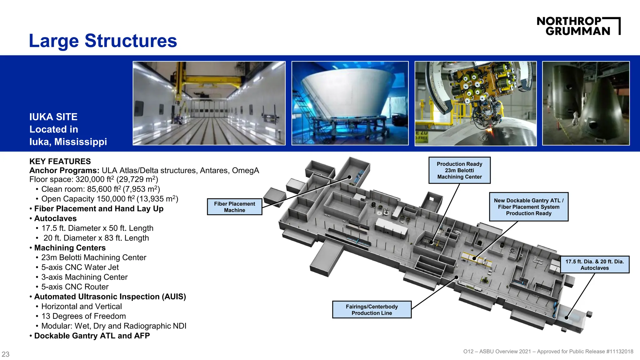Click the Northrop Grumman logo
click(x=578, y=26)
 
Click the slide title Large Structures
click(x=103, y=41)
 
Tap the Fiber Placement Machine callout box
click(x=234, y=207)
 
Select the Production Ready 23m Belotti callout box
click(x=459, y=170)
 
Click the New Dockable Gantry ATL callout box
click(x=528, y=207)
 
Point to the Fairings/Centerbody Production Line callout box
click(x=372, y=310)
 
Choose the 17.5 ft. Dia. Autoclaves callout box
click(x=594, y=265)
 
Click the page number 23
click(x=6, y=354)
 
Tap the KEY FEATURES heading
click(x=60, y=162)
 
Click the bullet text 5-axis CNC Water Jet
click(x=80, y=267)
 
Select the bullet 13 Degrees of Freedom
click(x=83, y=316)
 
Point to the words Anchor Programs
click(x=64, y=171)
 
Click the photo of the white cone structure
click(x=350, y=103)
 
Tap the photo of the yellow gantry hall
click(x=209, y=103)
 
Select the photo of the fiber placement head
click(x=476, y=103)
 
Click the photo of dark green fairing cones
click(x=586, y=103)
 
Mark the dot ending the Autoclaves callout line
click(x=567, y=318)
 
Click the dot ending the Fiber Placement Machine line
click(x=350, y=177)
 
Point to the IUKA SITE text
click(x=53, y=117)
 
